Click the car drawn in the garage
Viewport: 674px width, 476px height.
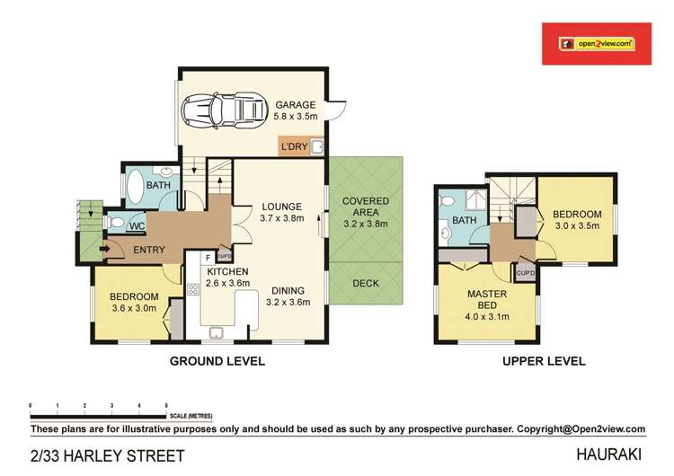point(223,110)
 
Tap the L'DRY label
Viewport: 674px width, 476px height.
point(294,147)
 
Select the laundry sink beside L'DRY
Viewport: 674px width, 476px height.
point(317,146)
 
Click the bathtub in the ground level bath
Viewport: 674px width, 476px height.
point(135,187)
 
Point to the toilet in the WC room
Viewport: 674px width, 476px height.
point(115,223)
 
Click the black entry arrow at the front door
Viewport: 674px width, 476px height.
point(103,248)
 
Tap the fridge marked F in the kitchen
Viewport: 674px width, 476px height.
point(208,258)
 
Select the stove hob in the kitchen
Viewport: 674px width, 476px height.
point(193,289)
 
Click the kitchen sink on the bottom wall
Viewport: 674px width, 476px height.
point(217,333)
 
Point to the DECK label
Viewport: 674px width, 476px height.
point(366,284)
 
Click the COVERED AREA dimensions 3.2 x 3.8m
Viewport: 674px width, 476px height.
point(366,224)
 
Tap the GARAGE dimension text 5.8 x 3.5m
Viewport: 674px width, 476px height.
point(296,116)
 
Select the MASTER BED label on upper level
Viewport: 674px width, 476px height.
point(487,300)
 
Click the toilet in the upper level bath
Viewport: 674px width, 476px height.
point(448,200)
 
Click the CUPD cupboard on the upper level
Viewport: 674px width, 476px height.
point(526,273)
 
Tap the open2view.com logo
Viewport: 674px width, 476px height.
point(597,44)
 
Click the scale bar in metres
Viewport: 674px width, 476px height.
point(98,417)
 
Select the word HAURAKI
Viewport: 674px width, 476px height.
point(608,454)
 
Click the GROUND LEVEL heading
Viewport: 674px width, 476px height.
point(217,361)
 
